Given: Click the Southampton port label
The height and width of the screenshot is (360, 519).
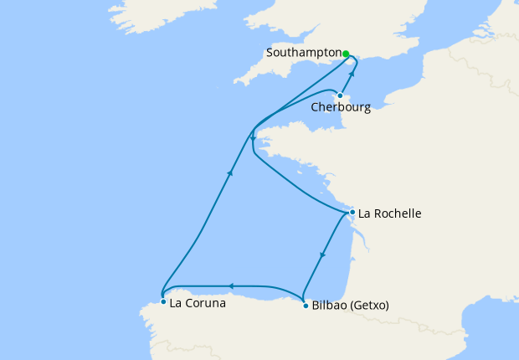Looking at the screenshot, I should [x=301, y=52].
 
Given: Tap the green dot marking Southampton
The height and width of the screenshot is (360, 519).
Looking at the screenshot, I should [x=346, y=53].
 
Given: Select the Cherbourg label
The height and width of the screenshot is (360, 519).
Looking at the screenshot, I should [x=341, y=108].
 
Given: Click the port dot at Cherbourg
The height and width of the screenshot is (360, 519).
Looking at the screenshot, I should [x=340, y=95].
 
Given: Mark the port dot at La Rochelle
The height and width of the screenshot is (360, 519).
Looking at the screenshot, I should [x=352, y=212].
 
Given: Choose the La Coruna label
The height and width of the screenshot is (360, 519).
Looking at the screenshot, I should [x=197, y=303].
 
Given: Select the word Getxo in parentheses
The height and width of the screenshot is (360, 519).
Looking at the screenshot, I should [x=370, y=306].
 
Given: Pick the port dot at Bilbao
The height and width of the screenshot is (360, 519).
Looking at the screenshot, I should [x=304, y=306].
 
